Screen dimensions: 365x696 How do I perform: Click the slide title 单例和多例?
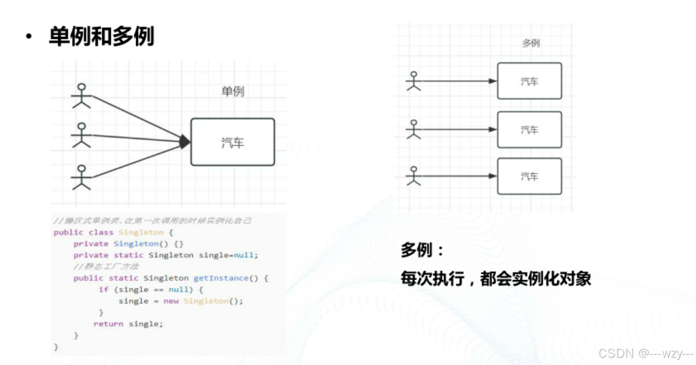coord(101,37)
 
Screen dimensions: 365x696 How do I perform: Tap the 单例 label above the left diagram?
coord(233,92)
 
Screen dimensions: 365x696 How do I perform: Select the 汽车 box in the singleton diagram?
coord(233,142)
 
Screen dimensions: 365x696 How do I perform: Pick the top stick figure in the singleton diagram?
coord(81,96)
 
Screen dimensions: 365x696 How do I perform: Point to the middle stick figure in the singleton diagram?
coord(81,135)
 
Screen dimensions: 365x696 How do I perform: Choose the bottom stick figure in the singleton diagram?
coord(81,177)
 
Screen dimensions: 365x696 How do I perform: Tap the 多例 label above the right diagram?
coord(531,43)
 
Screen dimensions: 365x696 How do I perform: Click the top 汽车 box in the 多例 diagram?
coord(529,81)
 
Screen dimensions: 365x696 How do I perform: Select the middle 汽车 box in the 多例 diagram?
coord(529,130)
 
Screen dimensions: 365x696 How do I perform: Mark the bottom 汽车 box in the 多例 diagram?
coord(529,176)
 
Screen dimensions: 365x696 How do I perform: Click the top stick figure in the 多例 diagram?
coord(414,81)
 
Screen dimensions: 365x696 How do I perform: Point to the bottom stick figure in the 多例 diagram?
coord(414,176)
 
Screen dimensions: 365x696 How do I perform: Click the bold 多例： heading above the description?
coord(422,250)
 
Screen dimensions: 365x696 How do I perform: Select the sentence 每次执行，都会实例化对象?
coord(496,279)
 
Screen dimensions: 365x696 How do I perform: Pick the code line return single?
coord(128,324)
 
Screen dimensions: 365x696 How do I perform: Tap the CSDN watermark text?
coord(645,353)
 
